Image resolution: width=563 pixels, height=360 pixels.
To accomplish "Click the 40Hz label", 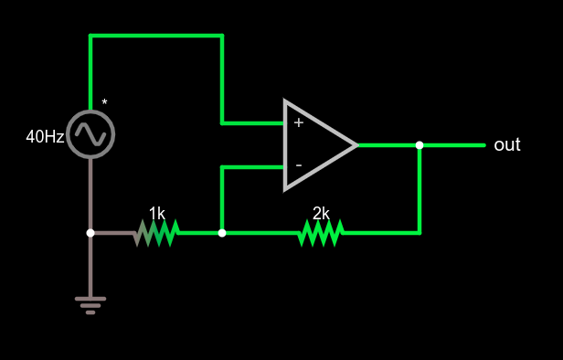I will (x=45, y=137).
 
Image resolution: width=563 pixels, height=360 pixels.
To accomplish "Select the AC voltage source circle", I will (x=90, y=133).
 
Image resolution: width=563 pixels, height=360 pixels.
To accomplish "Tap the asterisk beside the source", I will (x=104, y=102).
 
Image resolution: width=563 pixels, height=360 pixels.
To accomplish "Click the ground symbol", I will (x=90, y=304).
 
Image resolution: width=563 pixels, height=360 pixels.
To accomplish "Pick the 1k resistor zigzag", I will (x=156, y=233).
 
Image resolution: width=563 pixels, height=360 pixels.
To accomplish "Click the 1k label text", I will (x=157, y=213).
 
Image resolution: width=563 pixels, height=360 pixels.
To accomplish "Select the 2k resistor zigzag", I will (x=321, y=233).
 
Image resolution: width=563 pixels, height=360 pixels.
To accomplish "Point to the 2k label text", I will (x=321, y=213).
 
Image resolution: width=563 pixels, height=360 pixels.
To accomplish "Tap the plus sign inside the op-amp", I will (x=298, y=122).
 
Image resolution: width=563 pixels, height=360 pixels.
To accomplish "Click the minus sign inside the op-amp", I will (x=298, y=165).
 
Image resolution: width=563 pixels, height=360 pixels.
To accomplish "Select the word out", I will (x=506, y=144).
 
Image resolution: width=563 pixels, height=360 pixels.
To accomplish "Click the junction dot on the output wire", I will (x=420, y=145).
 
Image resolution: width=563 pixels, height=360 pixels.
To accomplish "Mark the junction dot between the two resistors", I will (x=222, y=233).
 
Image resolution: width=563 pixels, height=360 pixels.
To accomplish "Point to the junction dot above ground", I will (x=90, y=233).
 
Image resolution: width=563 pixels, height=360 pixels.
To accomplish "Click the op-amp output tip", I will (x=356, y=145).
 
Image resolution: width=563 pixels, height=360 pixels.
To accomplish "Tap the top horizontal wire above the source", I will (x=155, y=36).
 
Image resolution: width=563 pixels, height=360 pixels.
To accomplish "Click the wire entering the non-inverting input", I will (x=252, y=122).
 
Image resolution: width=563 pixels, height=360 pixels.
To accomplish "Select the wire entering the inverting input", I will (x=252, y=167).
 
